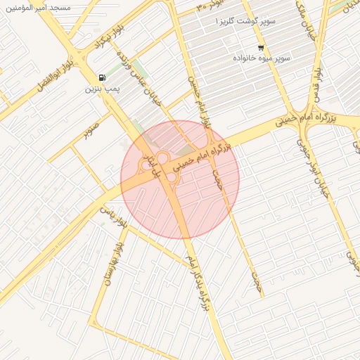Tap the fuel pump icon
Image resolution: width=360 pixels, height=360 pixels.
103,77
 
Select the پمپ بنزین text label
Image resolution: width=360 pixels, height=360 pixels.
99,89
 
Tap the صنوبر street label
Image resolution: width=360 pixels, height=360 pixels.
91,129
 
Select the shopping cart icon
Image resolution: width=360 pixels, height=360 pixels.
261,47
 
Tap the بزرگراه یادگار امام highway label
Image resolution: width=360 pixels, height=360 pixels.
198,282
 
